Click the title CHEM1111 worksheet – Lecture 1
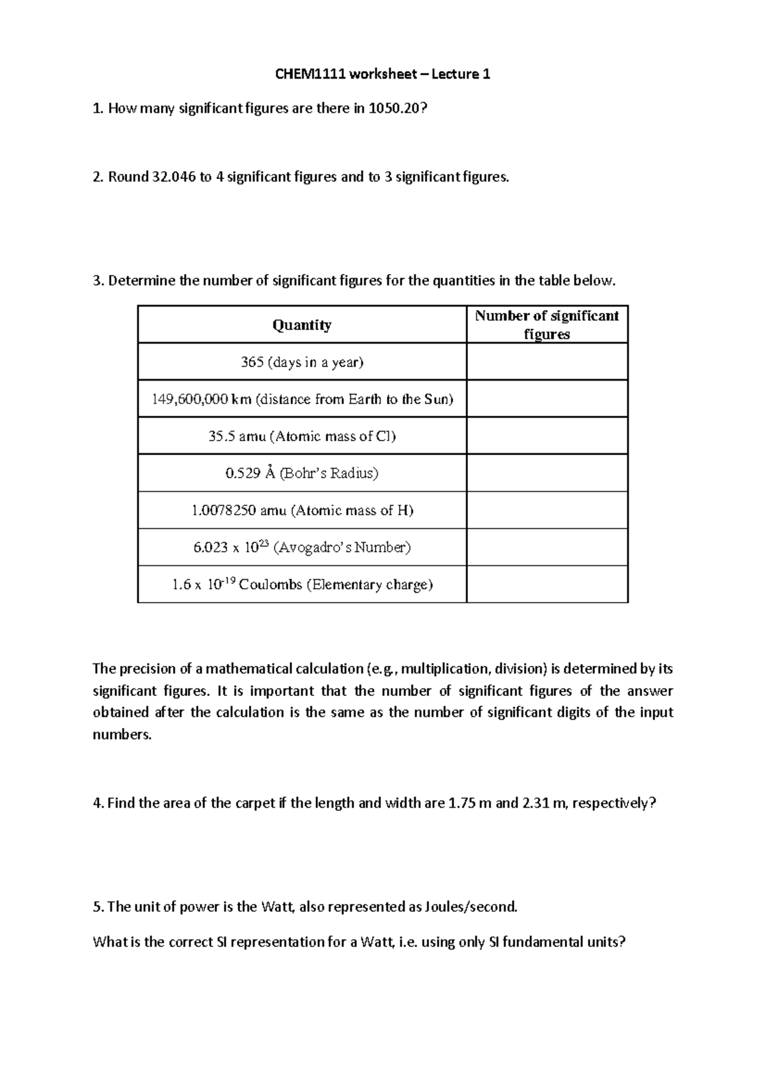click(x=382, y=74)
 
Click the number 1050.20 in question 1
click(x=393, y=109)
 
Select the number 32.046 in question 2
click(x=173, y=177)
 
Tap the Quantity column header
click(x=301, y=325)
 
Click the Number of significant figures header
click(x=547, y=324)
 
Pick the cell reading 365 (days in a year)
click(x=301, y=362)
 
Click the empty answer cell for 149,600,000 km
click(x=547, y=399)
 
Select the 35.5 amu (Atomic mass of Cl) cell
click(x=301, y=436)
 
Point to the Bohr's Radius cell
click(x=301, y=473)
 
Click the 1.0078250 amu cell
click(x=301, y=510)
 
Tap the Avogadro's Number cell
click(x=301, y=547)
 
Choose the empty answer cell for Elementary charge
click(x=547, y=584)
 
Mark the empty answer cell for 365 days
click(x=547, y=362)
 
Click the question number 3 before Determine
click(x=97, y=281)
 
